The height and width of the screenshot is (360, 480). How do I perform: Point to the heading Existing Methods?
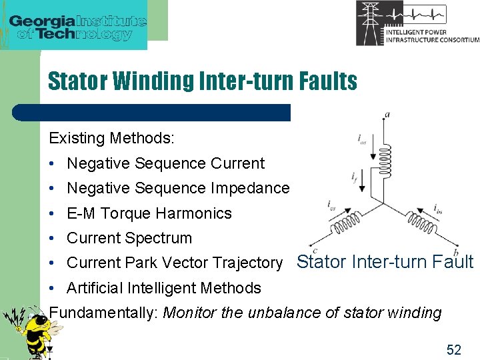point(111,139)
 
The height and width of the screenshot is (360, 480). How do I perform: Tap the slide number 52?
point(453,349)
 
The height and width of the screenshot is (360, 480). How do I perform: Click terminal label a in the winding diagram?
point(387,115)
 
